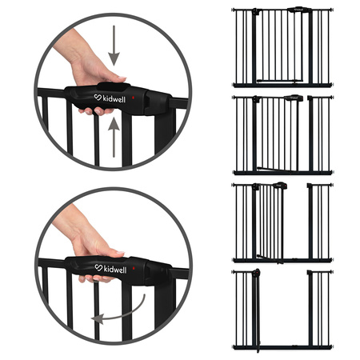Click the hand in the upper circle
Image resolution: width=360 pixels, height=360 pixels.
tap(80, 68)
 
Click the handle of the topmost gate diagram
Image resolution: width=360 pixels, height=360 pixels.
tap(300, 10)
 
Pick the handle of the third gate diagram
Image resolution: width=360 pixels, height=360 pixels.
tap(279, 186)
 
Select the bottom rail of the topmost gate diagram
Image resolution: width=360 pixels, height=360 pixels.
tap(282, 84)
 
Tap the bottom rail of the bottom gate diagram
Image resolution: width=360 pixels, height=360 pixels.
tap(282, 346)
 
